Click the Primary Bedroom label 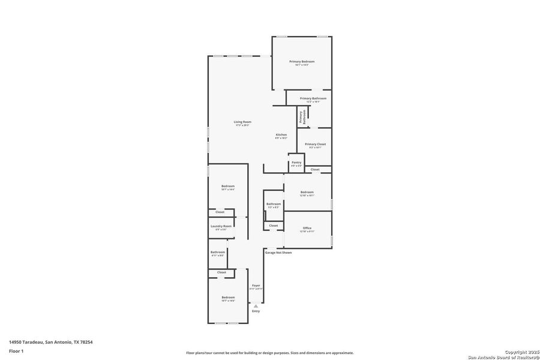point(302,62)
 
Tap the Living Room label point(242,122)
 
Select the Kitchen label point(281,135)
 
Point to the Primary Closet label point(315,145)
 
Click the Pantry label point(296,163)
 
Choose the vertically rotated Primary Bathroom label point(302,117)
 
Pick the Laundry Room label point(221,226)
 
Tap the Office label point(307,228)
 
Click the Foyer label point(256,286)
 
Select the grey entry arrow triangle point(256,306)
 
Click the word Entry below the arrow point(256,311)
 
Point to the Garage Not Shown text point(278,253)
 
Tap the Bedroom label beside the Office point(307,192)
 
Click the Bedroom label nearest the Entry point(228,298)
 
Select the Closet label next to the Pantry point(315,170)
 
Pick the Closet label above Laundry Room point(220,212)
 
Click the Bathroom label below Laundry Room point(217,252)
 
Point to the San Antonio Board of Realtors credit point(503,354)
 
